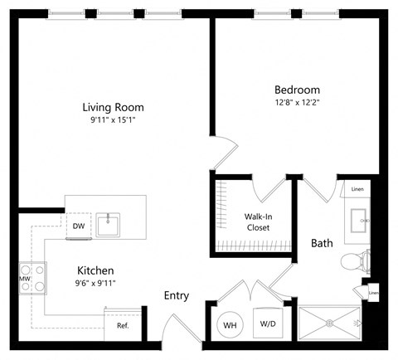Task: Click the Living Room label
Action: click(113, 107)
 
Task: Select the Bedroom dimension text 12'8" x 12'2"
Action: click(297, 104)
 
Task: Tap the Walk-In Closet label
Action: click(260, 223)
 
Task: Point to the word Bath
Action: click(322, 243)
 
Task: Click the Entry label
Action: click(177, 295)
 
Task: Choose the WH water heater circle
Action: click(228, 324)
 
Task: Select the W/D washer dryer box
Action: click(268, 324)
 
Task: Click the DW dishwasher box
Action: click(79, 226)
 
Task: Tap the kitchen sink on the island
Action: click(109, 225)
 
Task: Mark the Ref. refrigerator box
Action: click(122, 325)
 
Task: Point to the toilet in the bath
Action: click(355, 262)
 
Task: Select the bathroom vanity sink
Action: click(360, 221)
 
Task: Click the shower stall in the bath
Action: click(330, 323)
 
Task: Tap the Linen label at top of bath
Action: click(357, 189)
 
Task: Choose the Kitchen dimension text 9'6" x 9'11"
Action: click(96, 284)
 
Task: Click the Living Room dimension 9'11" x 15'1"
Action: click(113, 120)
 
